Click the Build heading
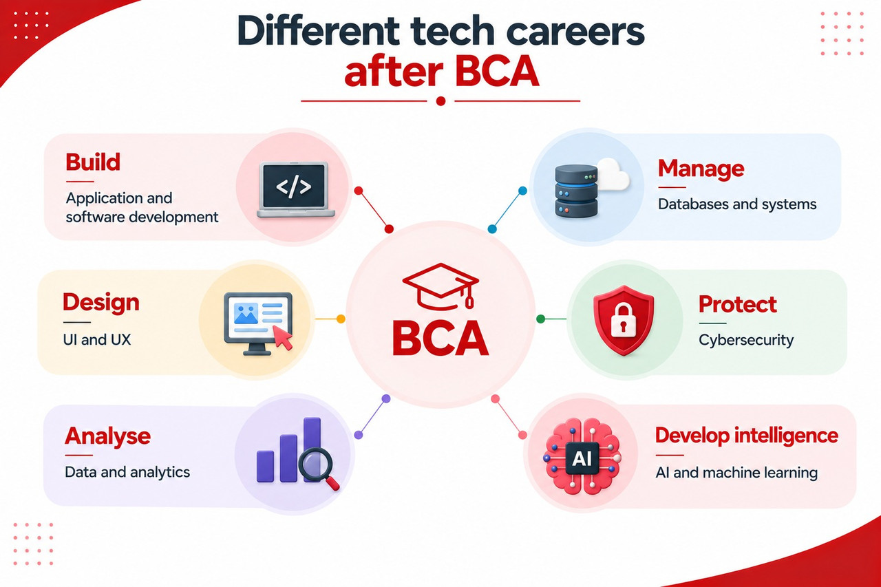coord(93,162)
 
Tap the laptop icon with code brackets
coord(295,190)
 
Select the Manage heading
coord(701,169)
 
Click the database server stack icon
coord(576,191)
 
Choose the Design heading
coord(101,303)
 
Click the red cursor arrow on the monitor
coord(283,337)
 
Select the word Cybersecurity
coord(746,340)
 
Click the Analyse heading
coord(108,436)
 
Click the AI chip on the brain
coord(582,458)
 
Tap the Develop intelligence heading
coord(747,436)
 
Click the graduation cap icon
coord(440,287)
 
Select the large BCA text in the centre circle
coord(440,339)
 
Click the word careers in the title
coord(573,32)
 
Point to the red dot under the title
coord(441,101)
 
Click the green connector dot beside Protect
coord(541,319)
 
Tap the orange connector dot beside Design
coord(341,319)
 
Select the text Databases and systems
coord(737,204)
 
